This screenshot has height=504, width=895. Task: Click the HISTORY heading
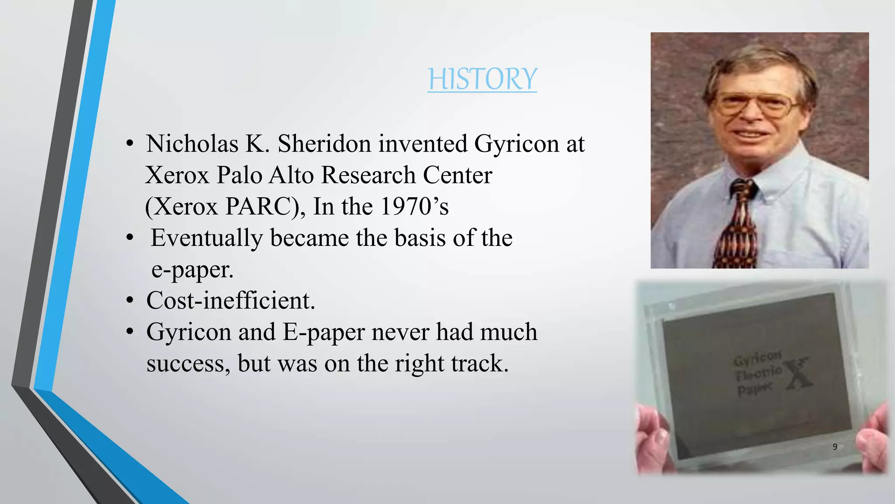[x=482, y=79]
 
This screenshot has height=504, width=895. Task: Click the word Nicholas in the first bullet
[x=192, y=144]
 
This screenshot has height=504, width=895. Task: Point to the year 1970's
[x=414, y=206]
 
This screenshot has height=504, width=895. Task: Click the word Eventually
[x=207, y=238]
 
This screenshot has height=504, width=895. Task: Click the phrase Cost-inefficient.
[x=231, y=301]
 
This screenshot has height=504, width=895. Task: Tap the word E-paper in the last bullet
[x=323, y=332]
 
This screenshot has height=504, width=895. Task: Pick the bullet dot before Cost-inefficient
[x=129, y=301]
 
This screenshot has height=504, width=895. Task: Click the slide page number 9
[x=835, y=447]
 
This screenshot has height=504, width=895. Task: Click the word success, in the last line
[x=188, y=364]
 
